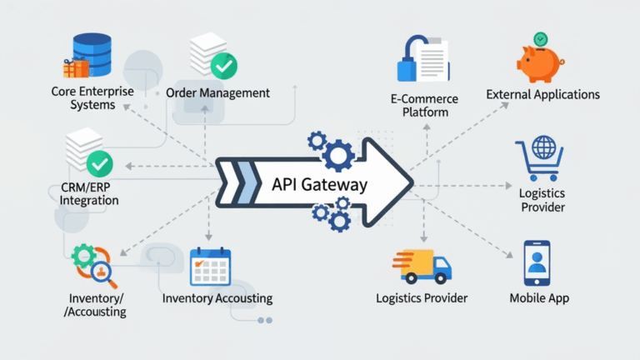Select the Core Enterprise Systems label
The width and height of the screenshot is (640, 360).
tap(92, 99)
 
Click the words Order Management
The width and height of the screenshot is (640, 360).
tap(217, 92)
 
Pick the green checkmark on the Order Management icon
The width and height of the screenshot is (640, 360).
tap(222, 64)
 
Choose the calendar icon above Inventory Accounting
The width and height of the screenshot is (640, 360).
tap(209, 267)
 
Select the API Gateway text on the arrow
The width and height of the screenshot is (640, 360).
tap(319, 185)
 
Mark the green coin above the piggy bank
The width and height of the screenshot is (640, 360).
tap(541, 37)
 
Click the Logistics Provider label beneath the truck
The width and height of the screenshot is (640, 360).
tap(422, 297)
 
